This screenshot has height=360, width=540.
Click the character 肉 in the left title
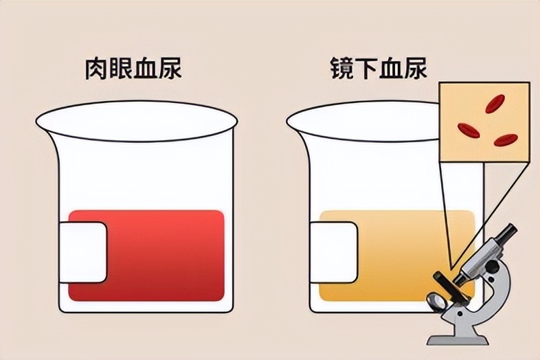coord(96,69)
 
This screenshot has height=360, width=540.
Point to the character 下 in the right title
coord(366,68)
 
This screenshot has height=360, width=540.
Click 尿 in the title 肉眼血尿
coord(170,69)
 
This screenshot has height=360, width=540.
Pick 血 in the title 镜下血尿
coord(391,68)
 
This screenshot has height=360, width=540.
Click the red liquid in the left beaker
coord(162,255)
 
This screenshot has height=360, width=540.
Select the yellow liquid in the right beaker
coord(396,255)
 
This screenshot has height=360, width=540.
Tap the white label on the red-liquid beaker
coord(83,253)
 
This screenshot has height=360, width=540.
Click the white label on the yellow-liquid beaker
coord(333,253)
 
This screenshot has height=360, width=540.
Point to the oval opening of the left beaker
coord(137,121)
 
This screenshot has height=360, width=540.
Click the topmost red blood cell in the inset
coord(495,104)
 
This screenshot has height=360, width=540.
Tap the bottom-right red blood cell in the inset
coord(506,140)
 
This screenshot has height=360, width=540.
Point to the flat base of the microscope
coord(458,340)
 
